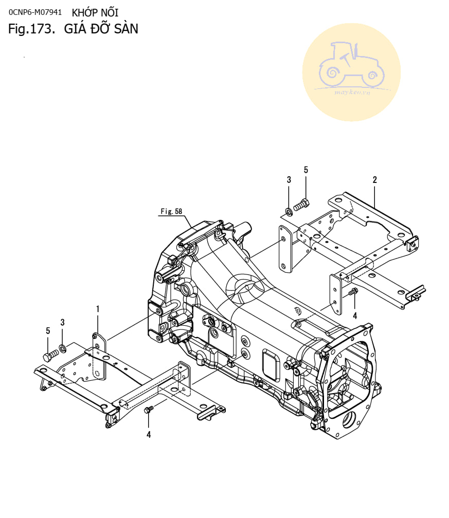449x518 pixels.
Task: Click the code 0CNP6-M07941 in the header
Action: pos(35,12)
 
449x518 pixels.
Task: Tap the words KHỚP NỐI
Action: pos(95,12)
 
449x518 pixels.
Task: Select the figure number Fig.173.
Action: pos(31,29)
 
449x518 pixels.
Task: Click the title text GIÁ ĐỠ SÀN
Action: pos(101,28)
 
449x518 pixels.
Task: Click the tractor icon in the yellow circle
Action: pos(351,66)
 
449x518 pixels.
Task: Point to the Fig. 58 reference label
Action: pos(171,211)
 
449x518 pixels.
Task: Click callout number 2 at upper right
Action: pos(374,180)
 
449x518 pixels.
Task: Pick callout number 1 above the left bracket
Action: pos(98,309)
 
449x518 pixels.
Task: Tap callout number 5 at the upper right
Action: pos(306,170)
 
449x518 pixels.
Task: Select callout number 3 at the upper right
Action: pos(289,180)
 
